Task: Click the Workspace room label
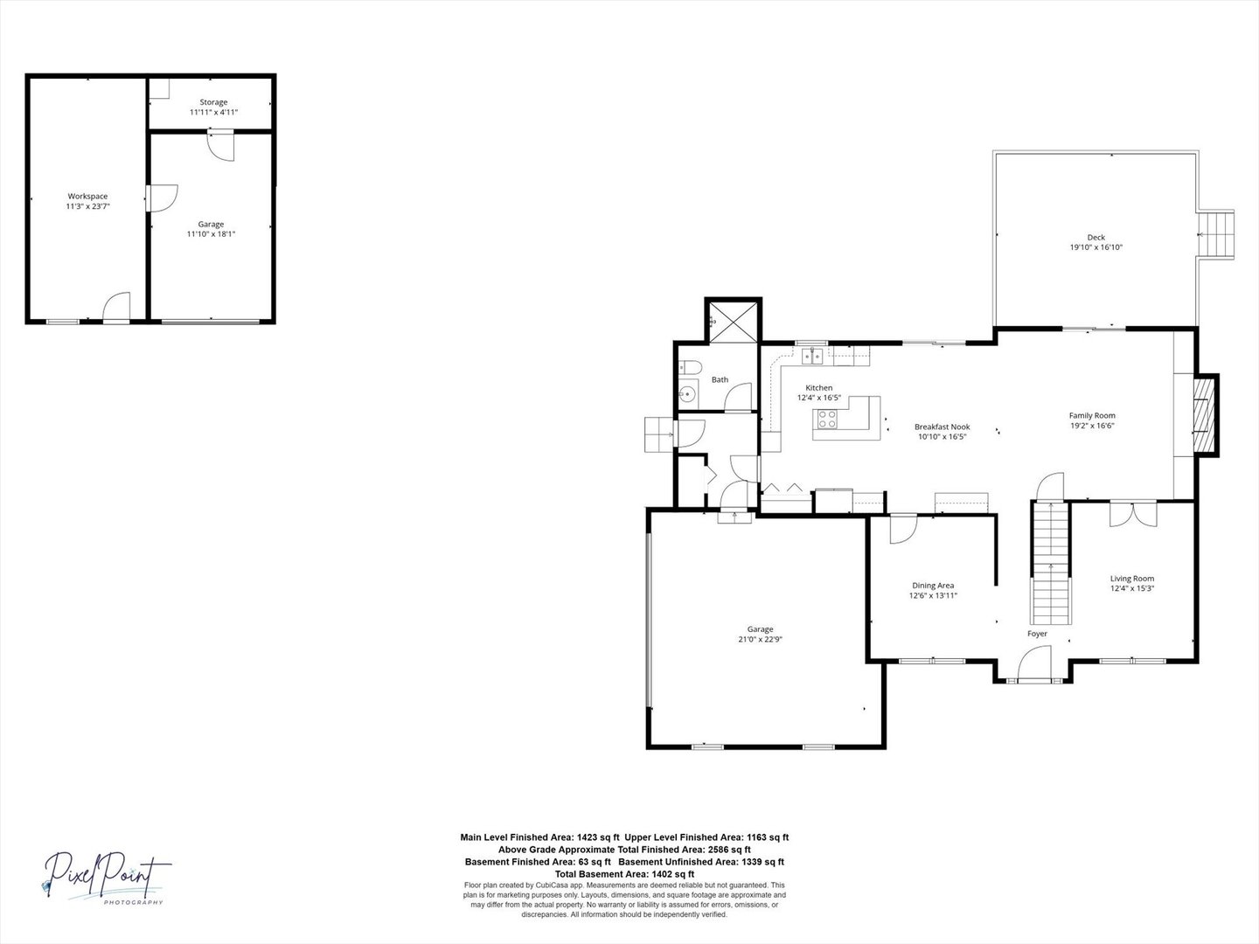click(x=87, y=196)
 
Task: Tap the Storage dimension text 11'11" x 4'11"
click(x=213, y=113)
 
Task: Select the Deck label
click(x=1096, y=237)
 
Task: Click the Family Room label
click(x=1092, y=415)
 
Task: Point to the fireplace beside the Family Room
click(x=1205, y=415)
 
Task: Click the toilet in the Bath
click(x=690, y=367)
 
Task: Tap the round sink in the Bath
click(x=687, y=394)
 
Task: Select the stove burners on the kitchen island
click(x=827, y=419)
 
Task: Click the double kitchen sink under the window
click(x=812, y=356)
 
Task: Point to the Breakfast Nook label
click(x=943, y=427)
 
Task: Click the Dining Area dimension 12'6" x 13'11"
click(x=933, y=595)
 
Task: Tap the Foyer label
click(x=1037, y=634)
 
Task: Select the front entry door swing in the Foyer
click(x=1034, y=663)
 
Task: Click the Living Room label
click(x=1132, y=579)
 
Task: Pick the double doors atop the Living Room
click(x=1133, y=514)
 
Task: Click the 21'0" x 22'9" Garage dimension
click(x=761, y=639)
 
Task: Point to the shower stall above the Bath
click(x=733, y=323)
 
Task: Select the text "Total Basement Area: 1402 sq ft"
click(x=624, y=874)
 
